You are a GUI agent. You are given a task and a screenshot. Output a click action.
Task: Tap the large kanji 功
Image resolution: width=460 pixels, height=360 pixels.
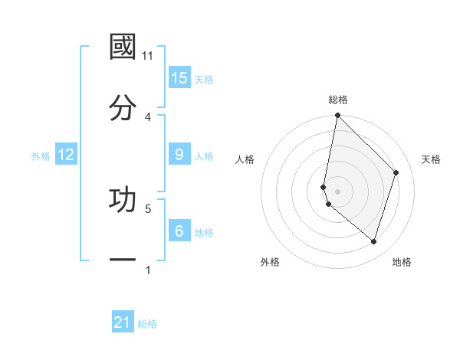click(123, 199)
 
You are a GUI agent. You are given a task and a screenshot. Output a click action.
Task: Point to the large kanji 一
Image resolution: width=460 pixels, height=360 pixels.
click(123, 260)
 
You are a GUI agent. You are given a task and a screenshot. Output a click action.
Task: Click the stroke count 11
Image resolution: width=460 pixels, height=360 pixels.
click(148, 55)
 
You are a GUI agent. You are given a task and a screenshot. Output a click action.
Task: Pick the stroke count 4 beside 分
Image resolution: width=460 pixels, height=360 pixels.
click(148, 116)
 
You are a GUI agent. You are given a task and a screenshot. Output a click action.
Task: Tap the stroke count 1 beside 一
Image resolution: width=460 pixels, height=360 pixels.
click(148, 270)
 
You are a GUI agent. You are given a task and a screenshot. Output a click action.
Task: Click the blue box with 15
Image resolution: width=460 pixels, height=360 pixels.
click(179, 78)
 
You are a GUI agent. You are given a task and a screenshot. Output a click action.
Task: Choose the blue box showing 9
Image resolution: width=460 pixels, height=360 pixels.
click(179, 155)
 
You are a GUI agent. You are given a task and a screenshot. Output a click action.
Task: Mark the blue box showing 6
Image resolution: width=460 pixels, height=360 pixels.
click(179, 231)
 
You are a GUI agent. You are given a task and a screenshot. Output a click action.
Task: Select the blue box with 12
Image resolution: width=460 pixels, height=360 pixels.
click(66, 155)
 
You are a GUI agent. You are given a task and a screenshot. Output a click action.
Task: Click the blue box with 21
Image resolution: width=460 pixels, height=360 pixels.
click(123, 322)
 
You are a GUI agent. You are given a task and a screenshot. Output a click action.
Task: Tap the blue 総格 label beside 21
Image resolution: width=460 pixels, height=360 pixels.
click(147, 324)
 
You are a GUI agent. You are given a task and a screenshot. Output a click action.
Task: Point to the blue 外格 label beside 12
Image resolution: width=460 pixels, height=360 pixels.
click(41, 156)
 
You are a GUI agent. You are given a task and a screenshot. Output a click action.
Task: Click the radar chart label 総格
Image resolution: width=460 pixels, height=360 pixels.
click(338, 100)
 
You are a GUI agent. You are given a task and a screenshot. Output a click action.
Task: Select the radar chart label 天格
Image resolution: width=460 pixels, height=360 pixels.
click(432, 159)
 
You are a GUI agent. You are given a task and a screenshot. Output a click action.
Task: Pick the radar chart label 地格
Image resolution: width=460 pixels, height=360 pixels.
click(402, 262)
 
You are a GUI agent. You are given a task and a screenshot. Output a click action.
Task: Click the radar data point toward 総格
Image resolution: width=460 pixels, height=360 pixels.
click(337, 116)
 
